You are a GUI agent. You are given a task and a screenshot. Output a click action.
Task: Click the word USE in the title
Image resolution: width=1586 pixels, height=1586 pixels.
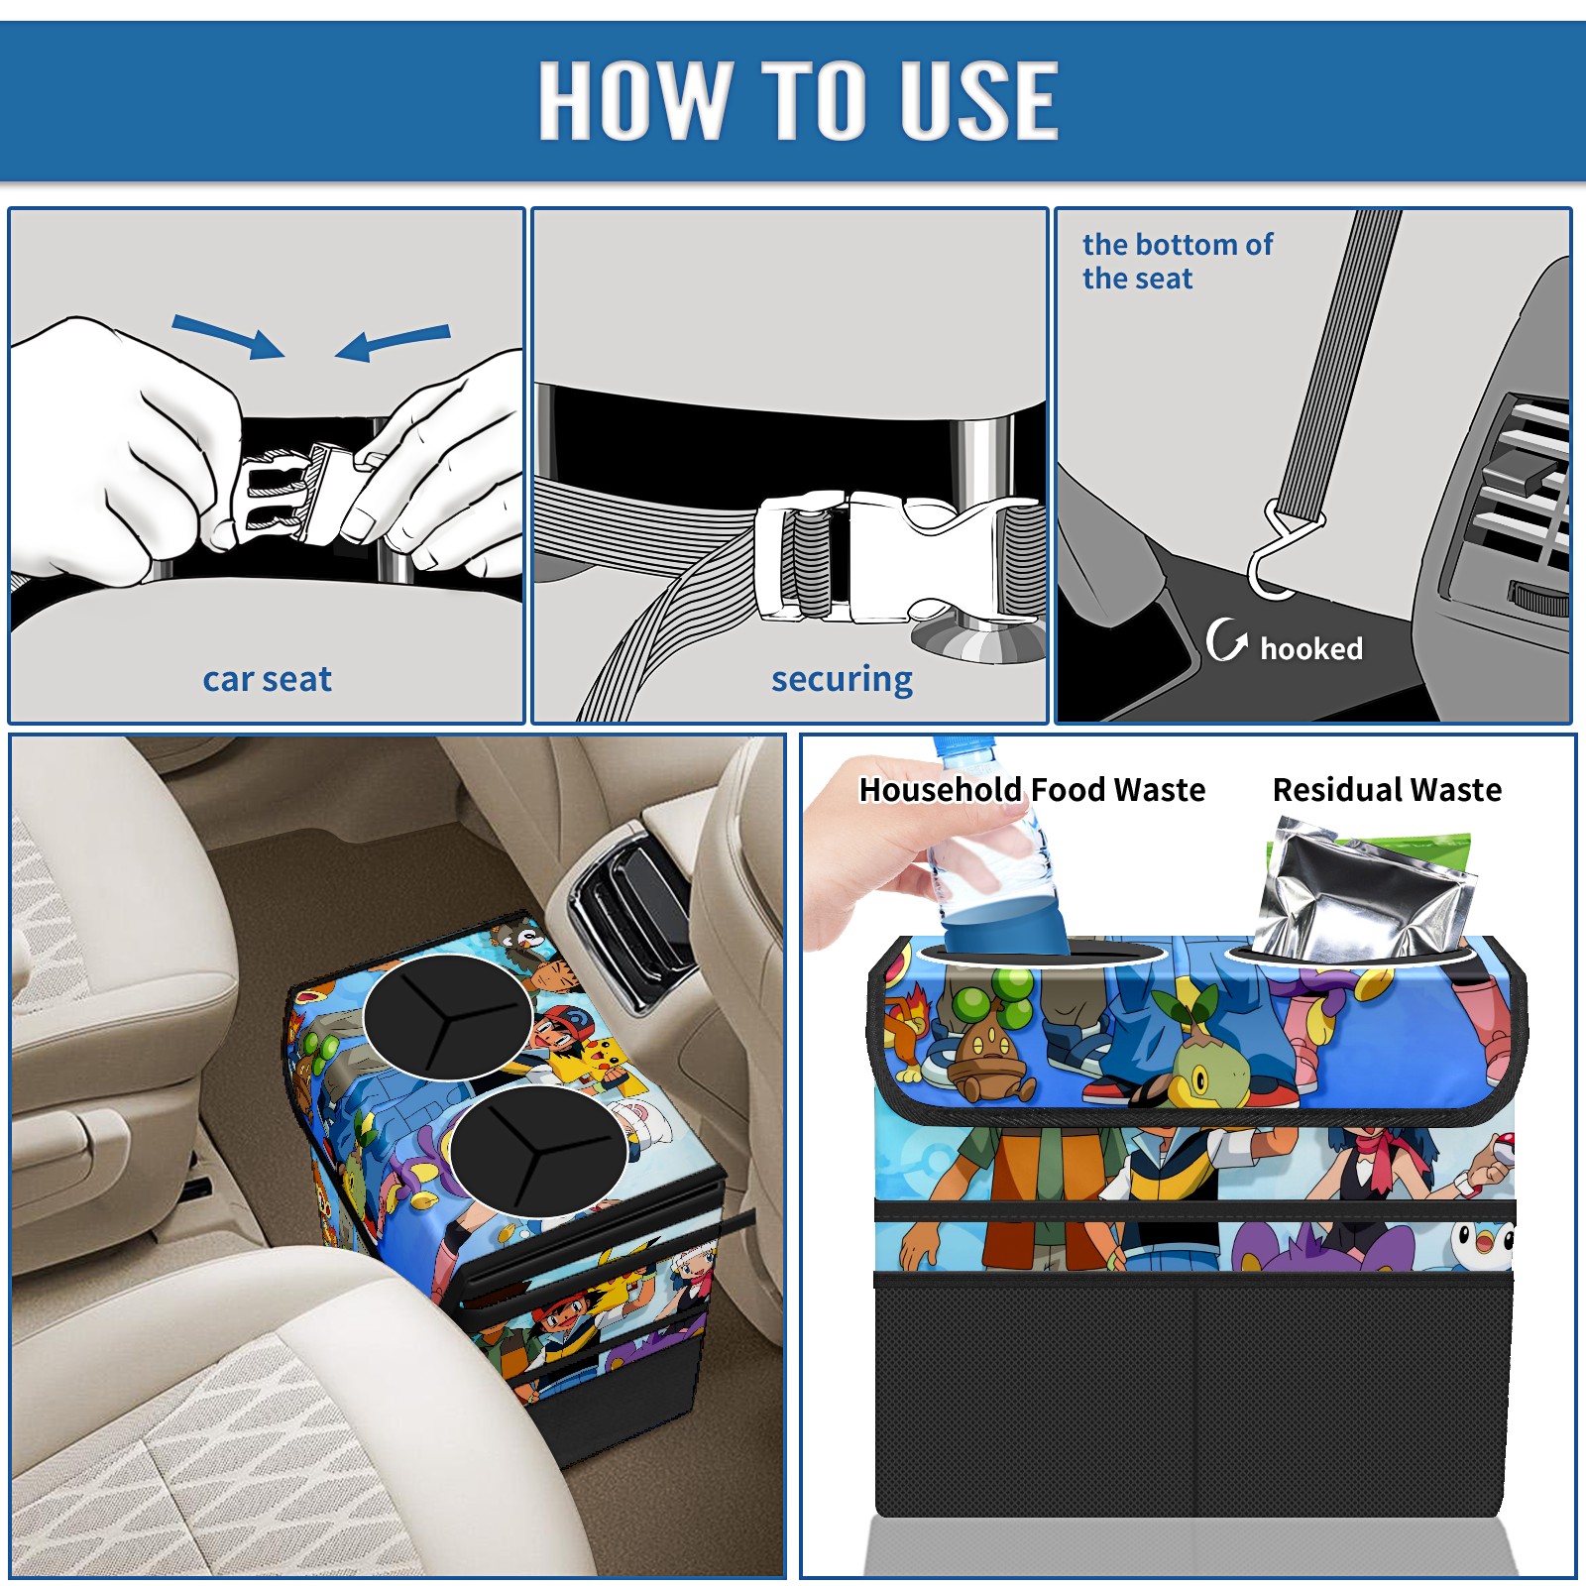(x=979, y=99)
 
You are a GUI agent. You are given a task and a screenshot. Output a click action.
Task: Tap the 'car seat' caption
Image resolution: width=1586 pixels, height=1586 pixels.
(x=267, y=679)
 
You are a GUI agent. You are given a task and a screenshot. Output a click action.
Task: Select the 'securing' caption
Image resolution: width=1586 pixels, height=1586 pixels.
(x=842, y=679)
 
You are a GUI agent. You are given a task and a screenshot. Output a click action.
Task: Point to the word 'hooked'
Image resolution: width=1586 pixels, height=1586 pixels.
(x=1310, y=648)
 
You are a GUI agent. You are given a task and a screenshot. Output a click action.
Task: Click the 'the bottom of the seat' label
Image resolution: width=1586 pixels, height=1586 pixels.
(x=1177, y=261)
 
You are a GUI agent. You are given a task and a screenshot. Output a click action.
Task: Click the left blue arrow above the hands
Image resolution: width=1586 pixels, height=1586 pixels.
(x=228, y=335)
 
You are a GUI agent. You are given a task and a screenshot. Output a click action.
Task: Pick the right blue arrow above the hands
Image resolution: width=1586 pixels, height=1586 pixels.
(x=393, y=342)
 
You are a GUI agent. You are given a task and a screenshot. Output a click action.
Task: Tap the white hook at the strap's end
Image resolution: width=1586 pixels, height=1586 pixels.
(x=1281, y=555)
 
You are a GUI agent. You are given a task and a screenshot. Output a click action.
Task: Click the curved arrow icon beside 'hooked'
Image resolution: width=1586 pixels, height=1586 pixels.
(x=1226, y=640)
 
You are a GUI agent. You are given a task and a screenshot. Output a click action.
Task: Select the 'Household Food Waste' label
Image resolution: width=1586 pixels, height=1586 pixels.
(x=1032, y=789)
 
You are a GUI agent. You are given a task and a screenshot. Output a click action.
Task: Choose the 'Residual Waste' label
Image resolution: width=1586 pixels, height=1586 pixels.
(x=1387, y=789)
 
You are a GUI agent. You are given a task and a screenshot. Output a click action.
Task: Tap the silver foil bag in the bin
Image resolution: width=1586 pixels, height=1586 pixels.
(x=1363, y=892)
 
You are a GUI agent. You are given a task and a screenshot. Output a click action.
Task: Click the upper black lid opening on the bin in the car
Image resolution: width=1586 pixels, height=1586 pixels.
(x=447, y=1016)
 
